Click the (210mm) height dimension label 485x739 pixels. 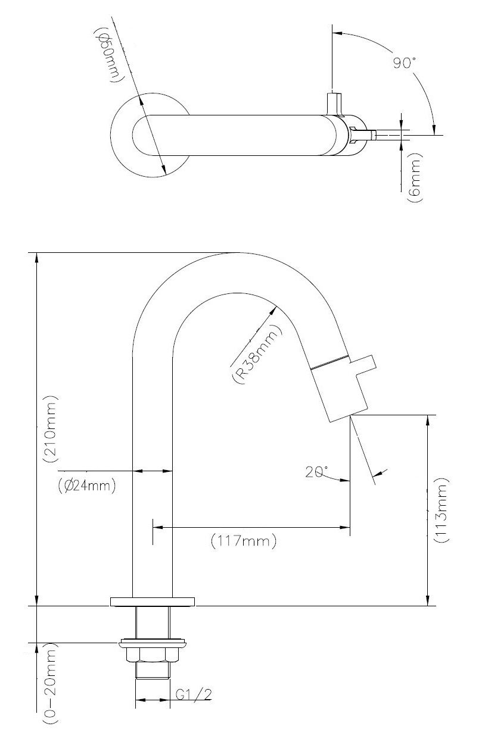[x=50, y=429]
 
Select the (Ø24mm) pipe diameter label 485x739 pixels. [x=87, y=486]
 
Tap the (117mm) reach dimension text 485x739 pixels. [x=244, y=541]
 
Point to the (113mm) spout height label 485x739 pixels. [x=442, y=511]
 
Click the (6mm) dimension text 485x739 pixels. [x=415, y=178]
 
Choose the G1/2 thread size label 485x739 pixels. [x=194, y=694]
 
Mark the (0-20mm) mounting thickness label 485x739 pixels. [x=50, y=685]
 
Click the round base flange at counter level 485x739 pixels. [x=153, y=600]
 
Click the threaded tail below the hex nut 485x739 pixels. [x=153, y=671]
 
